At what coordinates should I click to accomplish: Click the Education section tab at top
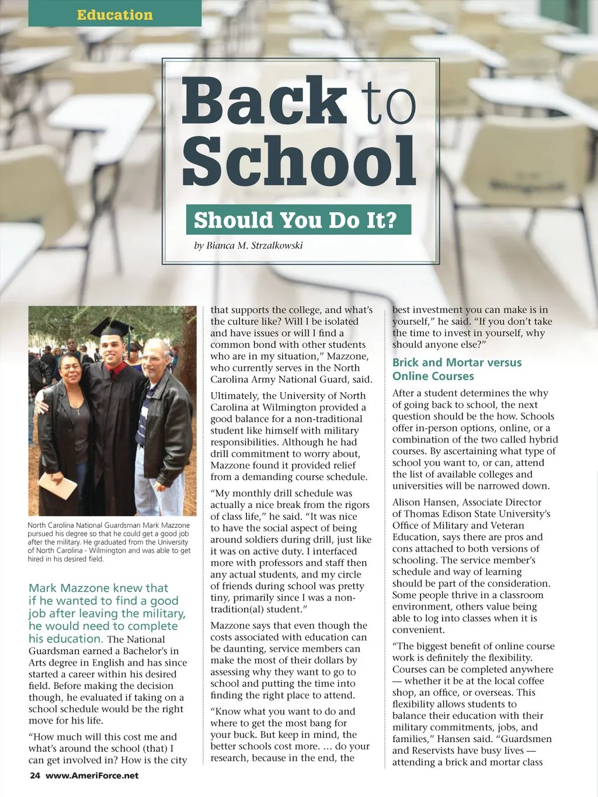pyautogui.click(x=114, y=15)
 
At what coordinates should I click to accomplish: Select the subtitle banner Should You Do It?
pyautogui.click(x=298, y=220)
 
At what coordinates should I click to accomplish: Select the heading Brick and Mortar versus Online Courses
pyautogui.click(x=457, y=369)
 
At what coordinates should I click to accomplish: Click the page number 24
pyautogui.click(x=35, y=775)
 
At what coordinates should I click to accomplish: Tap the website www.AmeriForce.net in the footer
pyautogui.click(x=92, y=775)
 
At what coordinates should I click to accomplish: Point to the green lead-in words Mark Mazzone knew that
pyautogui.click(x=98, y=588)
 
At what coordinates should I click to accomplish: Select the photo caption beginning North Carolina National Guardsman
pyautogui.click(x=109, y=542)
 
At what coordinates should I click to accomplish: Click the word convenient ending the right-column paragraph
pyautogui.click(x=418, y=630)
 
